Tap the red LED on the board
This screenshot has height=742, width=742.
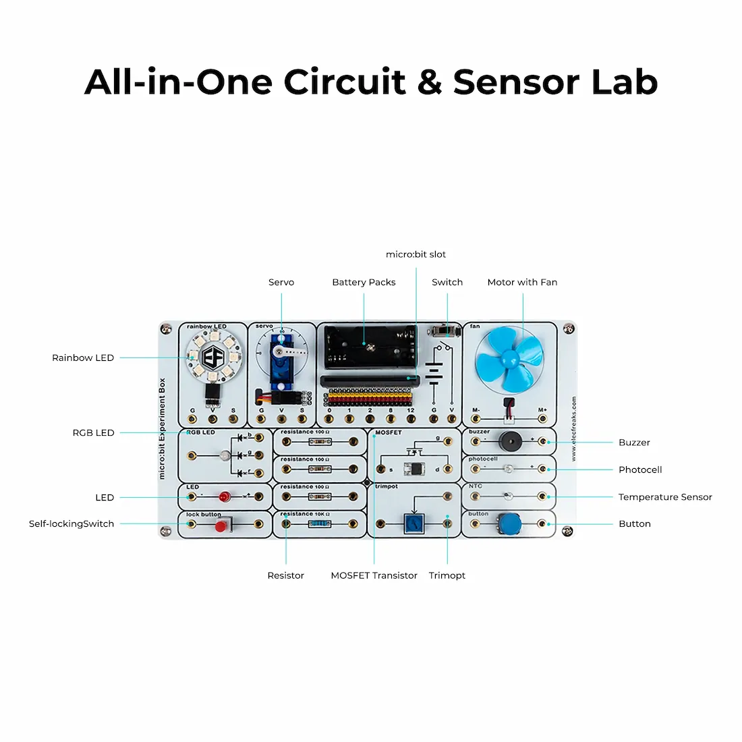tap(224, 498)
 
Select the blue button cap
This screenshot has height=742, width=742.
tap(509, 523)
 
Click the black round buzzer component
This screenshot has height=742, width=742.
tap(509, 441)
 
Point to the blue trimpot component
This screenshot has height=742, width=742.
tap(413, 523)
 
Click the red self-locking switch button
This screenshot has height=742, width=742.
tap(221, 525)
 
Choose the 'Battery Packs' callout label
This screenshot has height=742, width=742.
tap(364, 282)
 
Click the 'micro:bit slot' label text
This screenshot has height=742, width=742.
tap(416, 254)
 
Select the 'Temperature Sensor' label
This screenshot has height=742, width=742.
tap(665, 497)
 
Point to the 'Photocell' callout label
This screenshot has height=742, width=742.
tap(640, 469)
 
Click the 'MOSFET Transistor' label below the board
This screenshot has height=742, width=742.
tap(374, 575)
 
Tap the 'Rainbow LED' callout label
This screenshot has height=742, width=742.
tap(83, 358)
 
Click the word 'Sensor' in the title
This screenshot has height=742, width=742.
tap(516, 82)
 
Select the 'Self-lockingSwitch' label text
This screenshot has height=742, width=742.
tap(72, 523)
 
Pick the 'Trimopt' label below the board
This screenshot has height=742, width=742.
tap(447, 575)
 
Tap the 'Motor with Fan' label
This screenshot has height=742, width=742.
tap(522, 282)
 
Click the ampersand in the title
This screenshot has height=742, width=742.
tap(429, 82)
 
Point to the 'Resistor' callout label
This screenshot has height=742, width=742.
tap(286, 575)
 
